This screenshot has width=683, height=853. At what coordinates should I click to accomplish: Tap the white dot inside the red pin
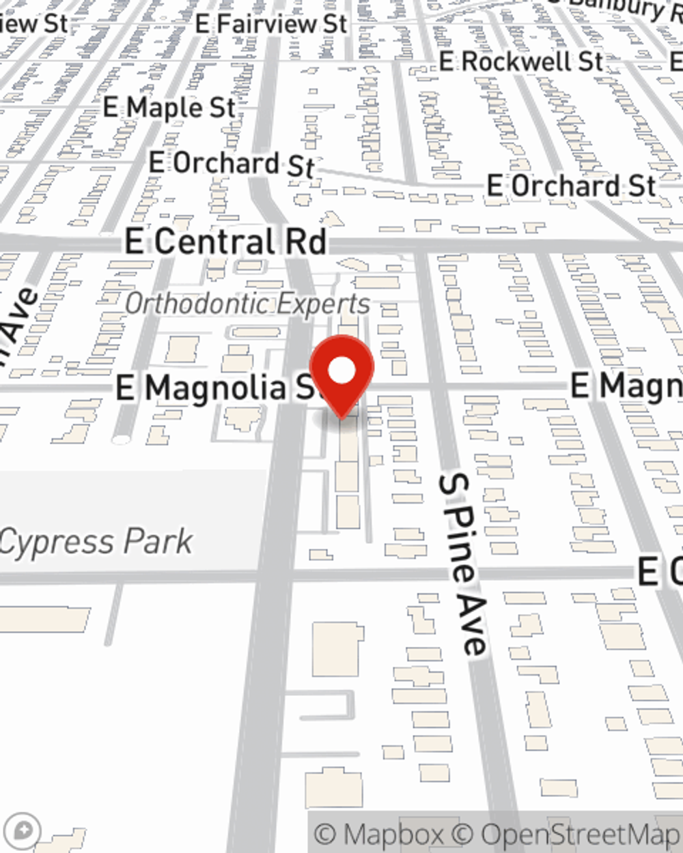coord(341,371)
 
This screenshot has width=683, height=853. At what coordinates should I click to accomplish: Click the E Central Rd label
coord(226,242)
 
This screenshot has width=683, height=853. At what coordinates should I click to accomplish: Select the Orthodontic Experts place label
coord(247,304)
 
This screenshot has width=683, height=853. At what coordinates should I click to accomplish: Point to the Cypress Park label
coord(96,543)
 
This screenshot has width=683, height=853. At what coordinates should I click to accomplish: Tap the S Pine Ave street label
coord(464,564)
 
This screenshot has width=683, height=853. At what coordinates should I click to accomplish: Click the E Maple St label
coord(169,107)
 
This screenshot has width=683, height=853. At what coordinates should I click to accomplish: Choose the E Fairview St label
coord(271,24)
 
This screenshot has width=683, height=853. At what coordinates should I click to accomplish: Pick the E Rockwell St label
coord(521,62)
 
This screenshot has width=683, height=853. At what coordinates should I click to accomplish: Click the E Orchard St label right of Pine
coord(571,186)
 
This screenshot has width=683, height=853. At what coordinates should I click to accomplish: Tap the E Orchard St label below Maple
coord(232,164)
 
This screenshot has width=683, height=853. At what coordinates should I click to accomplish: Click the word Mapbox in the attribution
coord(393,835)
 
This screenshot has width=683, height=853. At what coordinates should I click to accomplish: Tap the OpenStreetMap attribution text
coord(580,835)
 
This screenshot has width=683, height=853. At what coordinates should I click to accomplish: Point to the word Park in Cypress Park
coord(158,543)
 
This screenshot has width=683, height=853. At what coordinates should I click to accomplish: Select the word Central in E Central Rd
coord(213,242)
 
